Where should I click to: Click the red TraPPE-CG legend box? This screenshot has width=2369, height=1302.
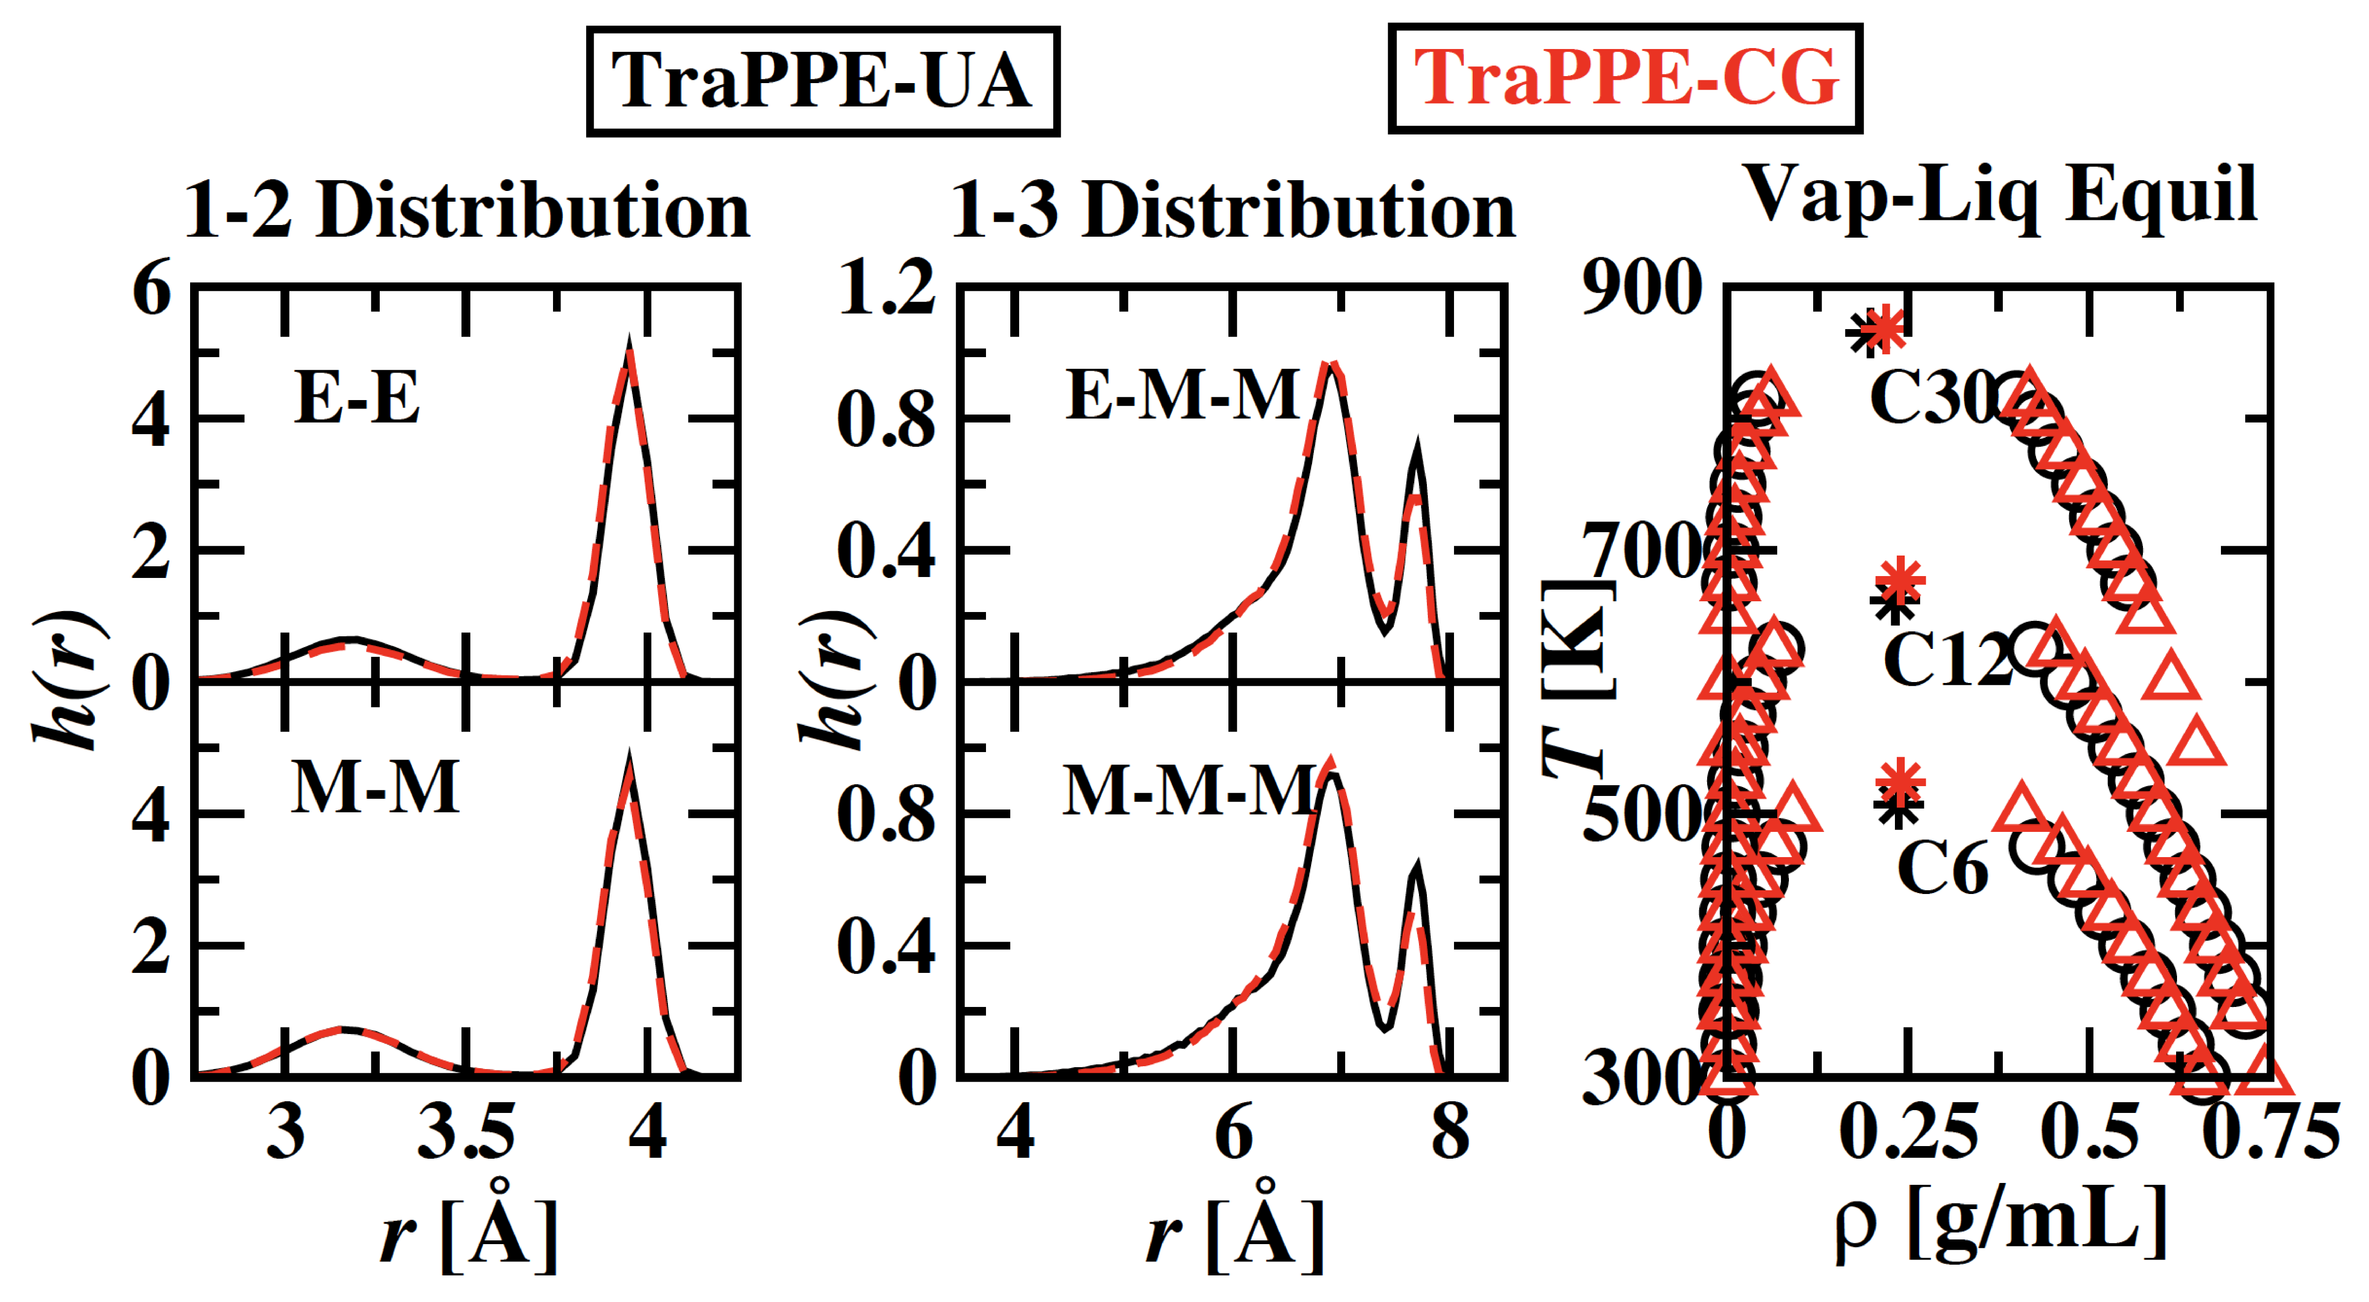[1625, 79]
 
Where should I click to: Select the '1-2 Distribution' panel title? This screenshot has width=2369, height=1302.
[467, 211]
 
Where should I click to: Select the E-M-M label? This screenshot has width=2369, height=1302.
[1182, 395]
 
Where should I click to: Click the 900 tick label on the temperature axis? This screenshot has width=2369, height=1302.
[1642, 288]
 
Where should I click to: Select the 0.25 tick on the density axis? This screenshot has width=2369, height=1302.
[1908, 1133]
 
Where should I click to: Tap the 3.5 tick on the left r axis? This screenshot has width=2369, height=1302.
[466, 1133]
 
